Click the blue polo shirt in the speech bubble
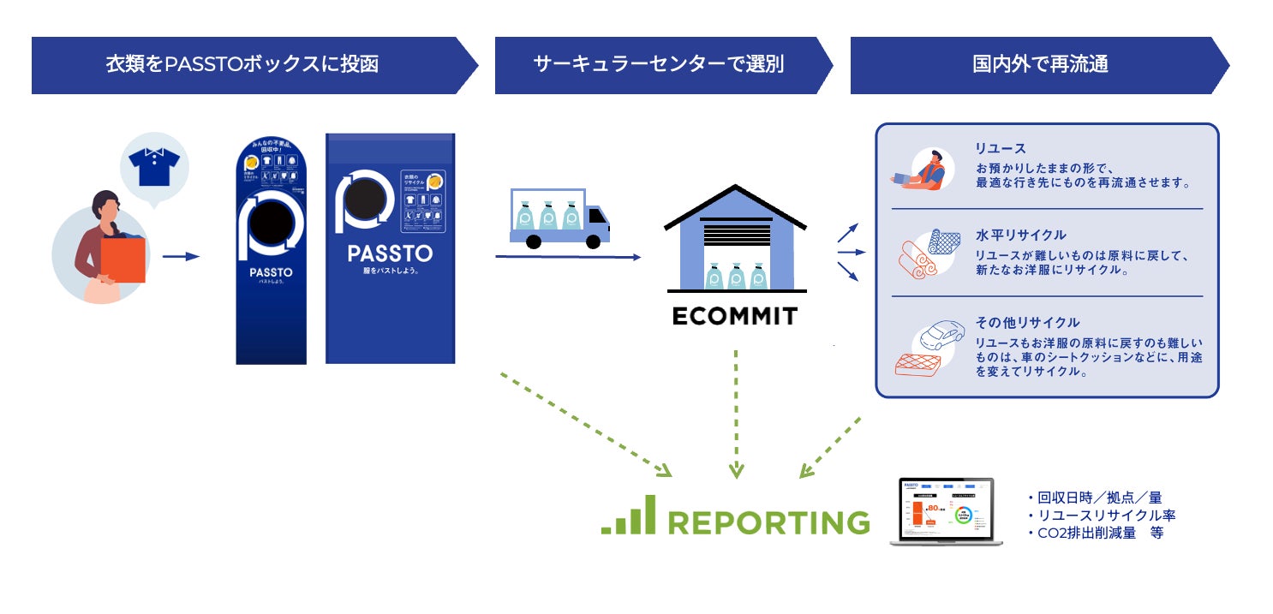(153, 166)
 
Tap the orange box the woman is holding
(123, 259)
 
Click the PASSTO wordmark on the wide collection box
(390, 253)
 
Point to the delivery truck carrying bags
(559, 219)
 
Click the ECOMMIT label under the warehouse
(734, 316)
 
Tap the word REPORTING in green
(768, 522)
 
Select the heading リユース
(1000, 148)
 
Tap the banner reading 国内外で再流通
(1040, 64)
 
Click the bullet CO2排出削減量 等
(1095, 533)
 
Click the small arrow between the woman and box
(180, 256)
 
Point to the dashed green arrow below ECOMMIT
(735, 411)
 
